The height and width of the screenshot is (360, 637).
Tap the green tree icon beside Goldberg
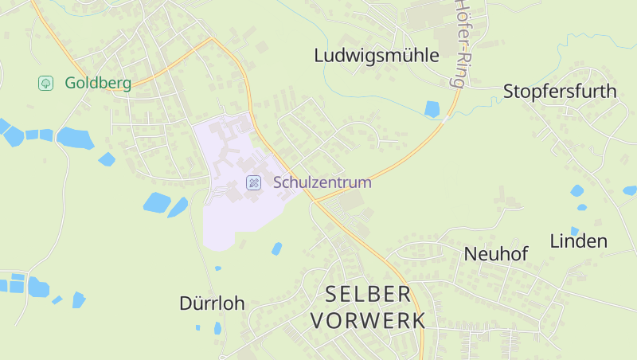[x=45, y=83]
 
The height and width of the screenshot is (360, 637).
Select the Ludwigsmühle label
[x=377, y=56]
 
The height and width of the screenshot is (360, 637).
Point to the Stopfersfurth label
[x=560, y=92]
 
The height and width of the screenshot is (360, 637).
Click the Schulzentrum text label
[x=322, y=182]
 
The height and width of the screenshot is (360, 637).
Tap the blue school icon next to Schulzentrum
[x=254, y=182]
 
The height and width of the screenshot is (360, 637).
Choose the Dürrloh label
[x=212, y=303]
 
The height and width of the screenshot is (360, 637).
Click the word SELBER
[x=368, y=295]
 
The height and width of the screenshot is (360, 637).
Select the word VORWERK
[x=368, y=321]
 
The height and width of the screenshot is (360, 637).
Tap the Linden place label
[x=578, y=241]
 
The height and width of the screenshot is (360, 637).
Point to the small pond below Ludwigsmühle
[x=432, y=109]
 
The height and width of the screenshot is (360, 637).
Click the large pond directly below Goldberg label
[x=75, y=139]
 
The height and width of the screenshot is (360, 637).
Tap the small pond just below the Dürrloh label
[x=217, y=327]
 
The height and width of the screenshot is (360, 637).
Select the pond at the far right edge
[x=630, y=190]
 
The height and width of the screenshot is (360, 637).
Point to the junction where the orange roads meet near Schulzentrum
[x=314, y=201]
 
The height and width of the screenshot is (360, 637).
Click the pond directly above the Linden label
[x=576, y=191]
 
